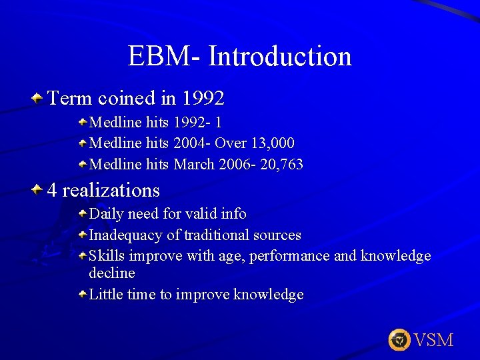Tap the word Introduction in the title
pos(279,56)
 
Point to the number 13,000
pos(273,143)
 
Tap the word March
pos(194,164)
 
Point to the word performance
pos(292,256)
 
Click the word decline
pos(112,273)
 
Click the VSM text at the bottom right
pos(433,341)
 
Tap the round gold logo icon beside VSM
pos(399,340)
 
